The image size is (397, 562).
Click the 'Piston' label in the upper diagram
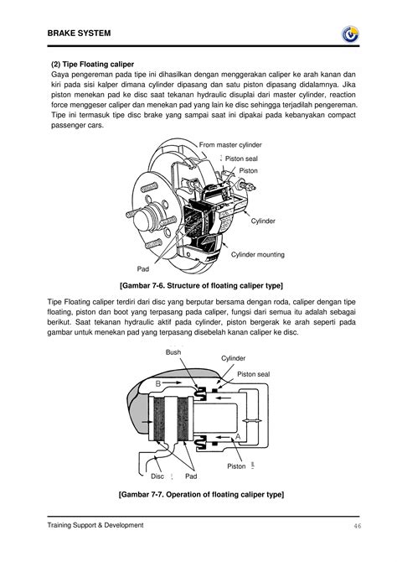pos(249,170)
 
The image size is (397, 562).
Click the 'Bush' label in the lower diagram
pos(173,353)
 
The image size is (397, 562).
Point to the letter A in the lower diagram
pos(238,438)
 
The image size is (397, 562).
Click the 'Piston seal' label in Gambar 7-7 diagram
pos(254,374)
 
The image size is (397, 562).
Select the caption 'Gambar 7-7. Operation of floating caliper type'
pos(200,496)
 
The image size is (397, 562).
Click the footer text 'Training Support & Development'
pos(95,525)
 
